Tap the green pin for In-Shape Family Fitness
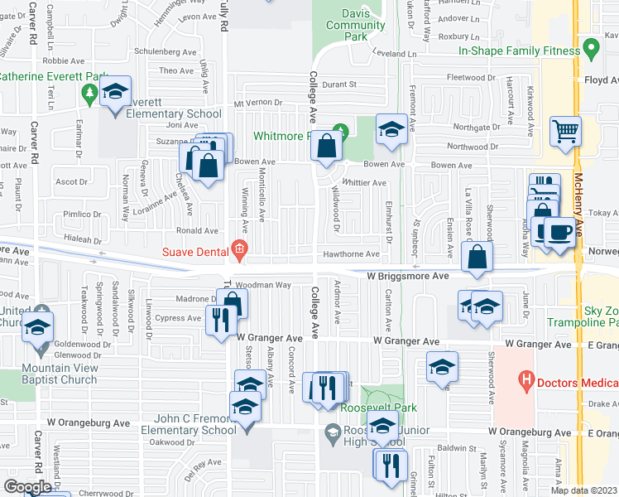[x=591, y=50]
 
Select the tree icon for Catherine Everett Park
[x=89, y=95]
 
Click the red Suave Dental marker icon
[x=239, y=248]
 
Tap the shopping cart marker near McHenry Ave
[x=565, y=131]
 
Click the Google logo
[x=27, y=487]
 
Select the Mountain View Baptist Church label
[x=48, y=374]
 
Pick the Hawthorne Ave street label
[x=351, y=254]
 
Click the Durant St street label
[x=338, y=84]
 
